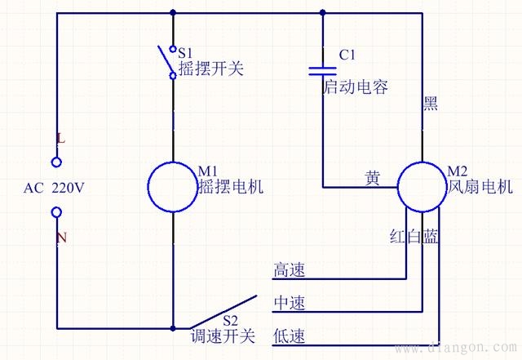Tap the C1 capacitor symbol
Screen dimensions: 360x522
(323, 70)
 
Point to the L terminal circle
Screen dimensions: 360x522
(56, 162)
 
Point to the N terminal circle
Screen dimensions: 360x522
(56, 213)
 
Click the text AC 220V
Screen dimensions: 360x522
(55, 188)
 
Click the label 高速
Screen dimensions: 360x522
(289, 270)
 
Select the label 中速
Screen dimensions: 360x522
(289, 303)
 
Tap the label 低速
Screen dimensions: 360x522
(289, 336)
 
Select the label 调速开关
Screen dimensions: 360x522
(223, 336)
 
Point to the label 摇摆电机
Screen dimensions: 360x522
(231, 186)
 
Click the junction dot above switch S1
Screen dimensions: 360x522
(173, 12)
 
